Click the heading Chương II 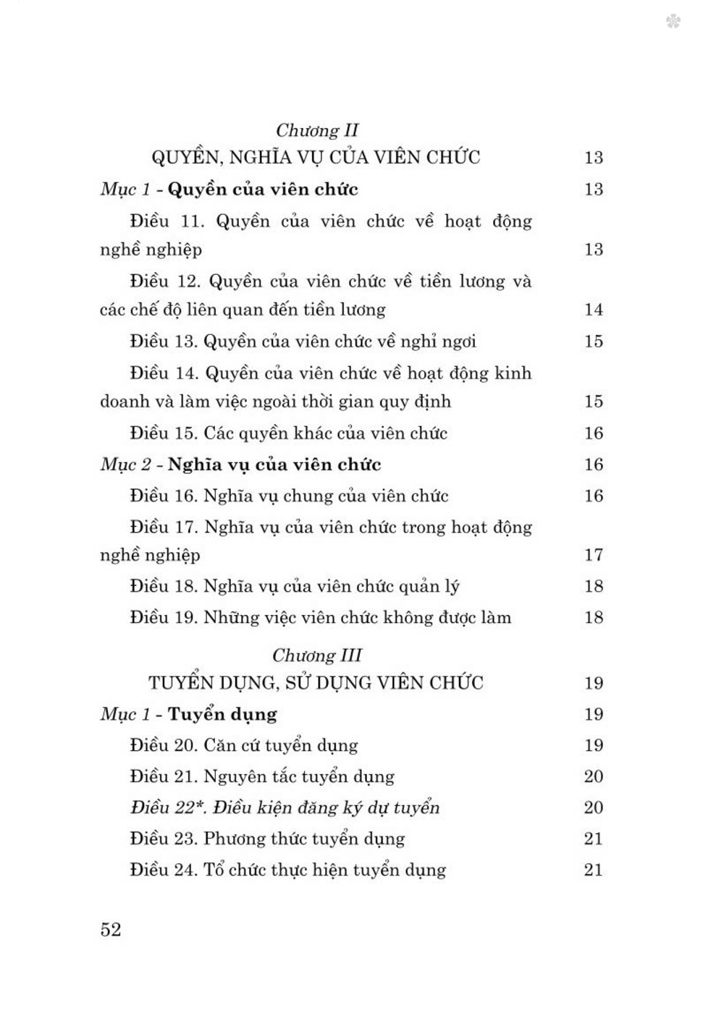[317, 131]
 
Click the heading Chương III [317, 656]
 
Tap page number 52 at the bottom [111, 930]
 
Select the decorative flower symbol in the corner [673, 22]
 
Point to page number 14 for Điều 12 [594, 310]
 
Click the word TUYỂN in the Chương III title [179, 683]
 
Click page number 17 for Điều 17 [594, 556]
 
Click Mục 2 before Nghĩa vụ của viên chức [126, 465]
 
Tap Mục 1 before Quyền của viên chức [126, 190]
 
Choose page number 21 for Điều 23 [594, 839]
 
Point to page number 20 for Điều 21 [594, 776]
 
